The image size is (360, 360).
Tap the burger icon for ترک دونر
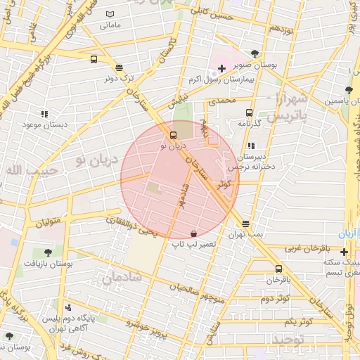point(119,68)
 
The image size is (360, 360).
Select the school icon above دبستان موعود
point(44,114)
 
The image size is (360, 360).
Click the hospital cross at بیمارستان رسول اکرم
point(222,68)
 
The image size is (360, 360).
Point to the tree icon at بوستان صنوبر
point(255,53)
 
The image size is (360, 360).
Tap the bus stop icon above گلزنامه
point(249,112)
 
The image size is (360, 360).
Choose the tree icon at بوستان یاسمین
point(349,89)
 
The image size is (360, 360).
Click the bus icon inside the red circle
point(174,135)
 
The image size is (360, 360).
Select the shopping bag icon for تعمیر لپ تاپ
point(194,232)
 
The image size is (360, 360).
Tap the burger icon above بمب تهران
point(245,224)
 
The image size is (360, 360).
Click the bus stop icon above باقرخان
point(279,269)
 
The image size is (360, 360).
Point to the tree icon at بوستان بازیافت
point(48,252)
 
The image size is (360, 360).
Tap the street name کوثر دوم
point(276,299)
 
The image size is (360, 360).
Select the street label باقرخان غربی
point(307,249)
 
